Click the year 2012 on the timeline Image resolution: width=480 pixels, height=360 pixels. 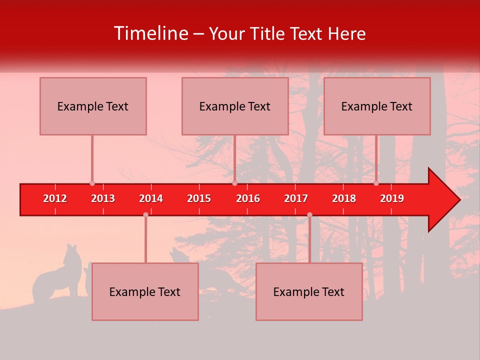55,198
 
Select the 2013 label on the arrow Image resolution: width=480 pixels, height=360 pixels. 103,198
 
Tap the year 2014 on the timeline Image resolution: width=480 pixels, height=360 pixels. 151,198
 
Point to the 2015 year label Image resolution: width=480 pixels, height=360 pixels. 199,198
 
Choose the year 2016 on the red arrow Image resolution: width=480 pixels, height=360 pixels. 248,198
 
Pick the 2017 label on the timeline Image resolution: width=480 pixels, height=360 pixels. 296,198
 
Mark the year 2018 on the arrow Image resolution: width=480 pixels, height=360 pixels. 344,198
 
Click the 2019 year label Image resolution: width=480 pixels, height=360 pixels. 392,198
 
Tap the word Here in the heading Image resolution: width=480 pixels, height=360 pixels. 346,34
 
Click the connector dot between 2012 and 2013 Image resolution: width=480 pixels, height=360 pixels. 92,183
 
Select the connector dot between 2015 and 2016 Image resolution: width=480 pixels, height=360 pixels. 234,183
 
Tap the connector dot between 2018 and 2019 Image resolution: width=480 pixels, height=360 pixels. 376,183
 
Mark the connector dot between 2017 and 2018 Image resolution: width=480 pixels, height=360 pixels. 309,215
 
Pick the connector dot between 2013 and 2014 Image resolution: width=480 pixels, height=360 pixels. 145,215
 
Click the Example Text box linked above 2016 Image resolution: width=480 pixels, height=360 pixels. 235,106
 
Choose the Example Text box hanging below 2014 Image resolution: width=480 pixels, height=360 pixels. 145,291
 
